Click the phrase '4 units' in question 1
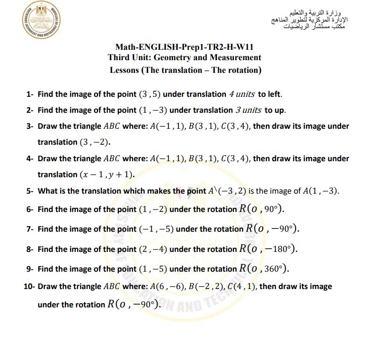point(241,94)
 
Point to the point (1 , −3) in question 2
point(152,110)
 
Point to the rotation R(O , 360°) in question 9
point(264,269)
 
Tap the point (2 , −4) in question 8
point(152,249)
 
